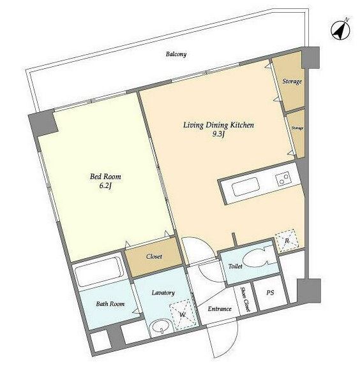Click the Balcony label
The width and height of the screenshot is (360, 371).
176,54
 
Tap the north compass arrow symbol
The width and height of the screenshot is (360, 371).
341,29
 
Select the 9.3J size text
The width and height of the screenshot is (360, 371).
218,135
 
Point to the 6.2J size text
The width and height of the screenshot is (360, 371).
105,186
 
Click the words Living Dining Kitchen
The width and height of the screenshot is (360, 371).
218,125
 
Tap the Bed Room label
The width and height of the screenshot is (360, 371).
105,177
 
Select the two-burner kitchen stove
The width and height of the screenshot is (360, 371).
284,179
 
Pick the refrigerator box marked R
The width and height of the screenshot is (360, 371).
287,240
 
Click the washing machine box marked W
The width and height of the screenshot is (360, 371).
183,315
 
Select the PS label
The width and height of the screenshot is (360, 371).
270,293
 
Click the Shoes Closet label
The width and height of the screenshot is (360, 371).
245,299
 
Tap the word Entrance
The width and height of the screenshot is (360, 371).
220,309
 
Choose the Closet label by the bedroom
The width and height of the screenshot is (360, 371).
154,256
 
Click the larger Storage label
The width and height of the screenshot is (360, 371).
292,82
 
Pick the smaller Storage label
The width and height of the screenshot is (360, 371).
297,128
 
